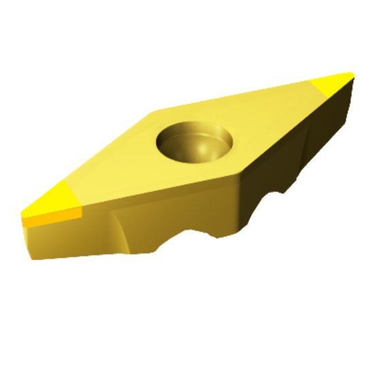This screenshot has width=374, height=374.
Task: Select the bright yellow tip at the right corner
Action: (333, 85)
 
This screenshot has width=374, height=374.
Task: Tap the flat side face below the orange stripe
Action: (61, 241)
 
